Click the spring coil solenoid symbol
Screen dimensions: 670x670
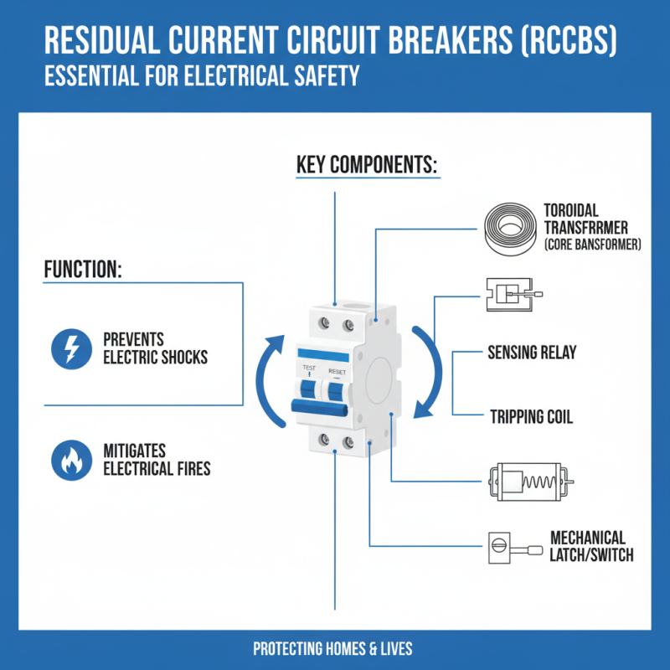[x=528, y=482]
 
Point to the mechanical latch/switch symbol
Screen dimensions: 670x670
[x=512, y=548]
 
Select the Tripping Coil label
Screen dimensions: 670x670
[x=530, y=416]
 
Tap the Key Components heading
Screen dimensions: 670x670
[x=367, y=165]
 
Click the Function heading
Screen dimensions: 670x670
[x=83, y=271]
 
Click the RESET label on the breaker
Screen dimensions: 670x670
[x=337, y=368]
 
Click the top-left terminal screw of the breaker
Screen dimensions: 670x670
[x=324, y=322]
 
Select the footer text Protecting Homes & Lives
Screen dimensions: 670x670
[x=332, y=649]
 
